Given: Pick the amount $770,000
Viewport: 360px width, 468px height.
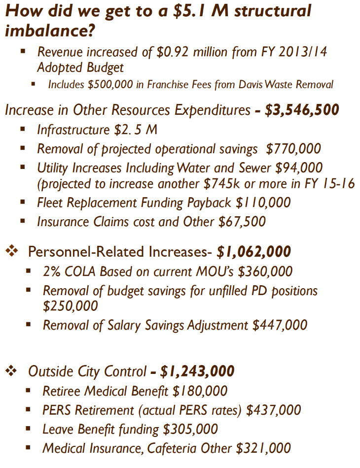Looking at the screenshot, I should [x=293, y=148].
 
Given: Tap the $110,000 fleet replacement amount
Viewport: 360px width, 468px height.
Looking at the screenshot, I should [x=265, y=202].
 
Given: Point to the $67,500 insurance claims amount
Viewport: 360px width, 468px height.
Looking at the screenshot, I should [x=242, y=222].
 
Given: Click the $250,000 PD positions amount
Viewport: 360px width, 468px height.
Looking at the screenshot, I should [x=70, y=306].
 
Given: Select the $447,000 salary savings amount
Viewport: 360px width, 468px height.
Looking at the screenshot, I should [x=280, y=325].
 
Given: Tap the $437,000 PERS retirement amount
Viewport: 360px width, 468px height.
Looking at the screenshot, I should [x=274, y=410].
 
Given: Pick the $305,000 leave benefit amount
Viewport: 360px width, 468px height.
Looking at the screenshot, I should [x=190, y=429].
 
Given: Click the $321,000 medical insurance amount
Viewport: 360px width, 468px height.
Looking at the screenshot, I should [x=264, y=448].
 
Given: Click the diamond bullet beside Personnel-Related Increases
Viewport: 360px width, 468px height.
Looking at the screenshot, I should [x=11, y=252].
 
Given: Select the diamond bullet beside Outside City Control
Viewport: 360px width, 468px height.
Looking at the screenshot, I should [x=11, y=371].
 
